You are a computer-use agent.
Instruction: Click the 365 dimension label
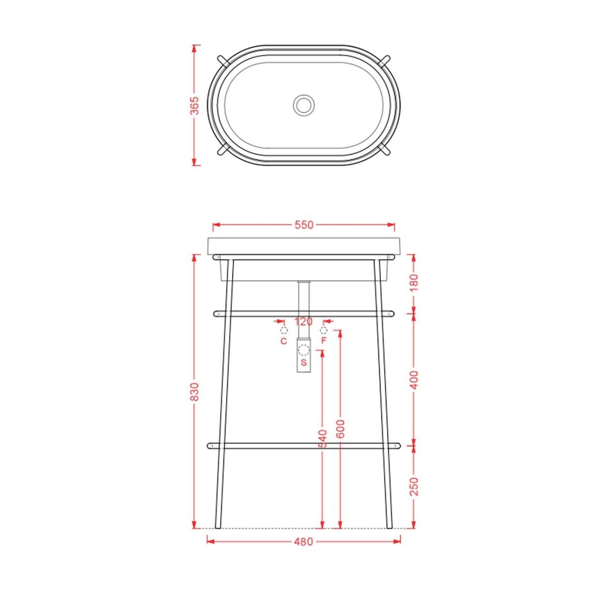(195, 105)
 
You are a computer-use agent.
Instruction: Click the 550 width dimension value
(304, 225)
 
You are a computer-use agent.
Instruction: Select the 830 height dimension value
(195, 392)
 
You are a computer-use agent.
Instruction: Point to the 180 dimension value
(415, 283)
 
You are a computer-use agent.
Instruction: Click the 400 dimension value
(415, 380)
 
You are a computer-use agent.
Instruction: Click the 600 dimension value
(340, 428)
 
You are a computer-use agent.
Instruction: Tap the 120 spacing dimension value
(303, 322)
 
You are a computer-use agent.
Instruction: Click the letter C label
(284, 341)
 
